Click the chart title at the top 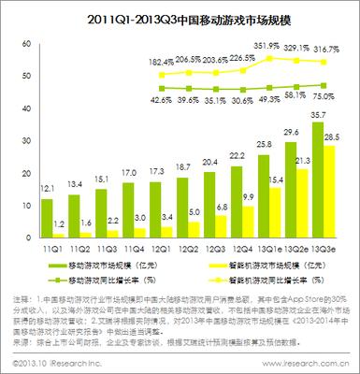pos(180,18)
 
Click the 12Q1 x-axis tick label pos(161,250)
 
